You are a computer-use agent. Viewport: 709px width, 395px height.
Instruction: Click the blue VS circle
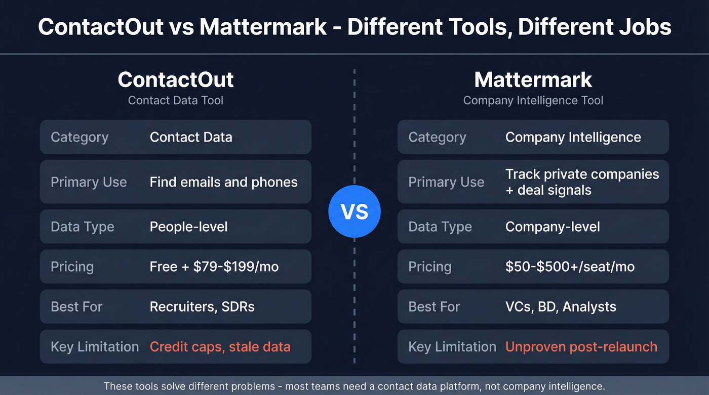tap(354, 211)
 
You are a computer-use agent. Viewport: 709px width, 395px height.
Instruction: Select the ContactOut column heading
tap(176, 80)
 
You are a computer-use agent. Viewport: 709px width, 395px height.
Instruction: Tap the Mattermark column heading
tap(533, 80)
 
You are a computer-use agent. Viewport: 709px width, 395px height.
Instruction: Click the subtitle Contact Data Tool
tap(176, 100)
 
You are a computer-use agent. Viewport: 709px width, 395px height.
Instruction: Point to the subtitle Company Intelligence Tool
tap(533, 100)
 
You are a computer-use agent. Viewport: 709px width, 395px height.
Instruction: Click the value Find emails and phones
tap(223, 182)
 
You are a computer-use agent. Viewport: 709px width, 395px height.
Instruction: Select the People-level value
tap(188, 227)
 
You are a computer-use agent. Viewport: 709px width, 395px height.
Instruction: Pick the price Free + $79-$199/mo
tap(214, 267)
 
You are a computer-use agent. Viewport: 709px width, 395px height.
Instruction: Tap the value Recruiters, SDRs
tap(202, 306)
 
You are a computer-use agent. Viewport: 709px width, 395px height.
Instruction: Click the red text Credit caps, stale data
tap(220, 346)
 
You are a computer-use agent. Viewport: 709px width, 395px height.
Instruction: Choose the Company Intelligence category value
tap(573, 137)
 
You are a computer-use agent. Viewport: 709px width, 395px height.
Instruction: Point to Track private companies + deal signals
tap(582, 182)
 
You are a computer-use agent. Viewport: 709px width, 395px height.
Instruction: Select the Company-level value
tap(553, 227)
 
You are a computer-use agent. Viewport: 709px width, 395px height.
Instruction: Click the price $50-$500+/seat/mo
tap(570, 267)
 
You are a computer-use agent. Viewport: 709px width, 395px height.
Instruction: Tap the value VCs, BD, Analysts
tap(561, 306)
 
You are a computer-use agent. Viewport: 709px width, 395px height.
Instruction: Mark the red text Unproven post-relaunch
tap(581, 346)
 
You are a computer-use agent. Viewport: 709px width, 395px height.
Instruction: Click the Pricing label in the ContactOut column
tap(72, 267)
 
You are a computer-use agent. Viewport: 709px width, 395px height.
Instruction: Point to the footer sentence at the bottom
tap(354, 386)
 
